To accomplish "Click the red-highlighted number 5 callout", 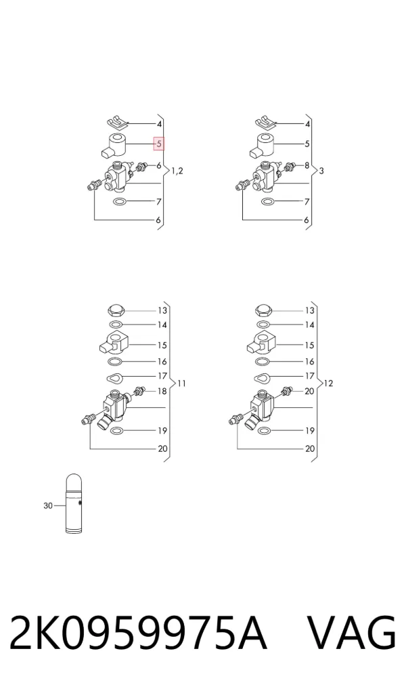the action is click(159, 143).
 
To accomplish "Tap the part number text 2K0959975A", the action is click(138, 633).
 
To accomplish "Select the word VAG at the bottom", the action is click(351, 633).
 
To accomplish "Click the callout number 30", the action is click(48, 506).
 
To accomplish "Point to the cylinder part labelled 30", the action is click(73, 503).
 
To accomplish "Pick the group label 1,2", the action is click(177, 171).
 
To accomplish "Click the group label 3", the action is click(321, 171).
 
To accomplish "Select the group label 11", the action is click(182, 383).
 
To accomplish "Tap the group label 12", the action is click(329, 383).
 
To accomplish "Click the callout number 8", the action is click(307, 166).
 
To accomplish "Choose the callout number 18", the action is click(162, 391).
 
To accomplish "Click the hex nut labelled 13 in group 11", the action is click(117, 310).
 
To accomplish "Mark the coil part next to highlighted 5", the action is click(114, 146).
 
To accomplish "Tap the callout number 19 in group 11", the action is click(162, 431).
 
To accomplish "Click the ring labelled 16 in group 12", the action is click(263, 362).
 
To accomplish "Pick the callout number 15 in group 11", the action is click(162, 346).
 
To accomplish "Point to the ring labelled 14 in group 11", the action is click(116, 325).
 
